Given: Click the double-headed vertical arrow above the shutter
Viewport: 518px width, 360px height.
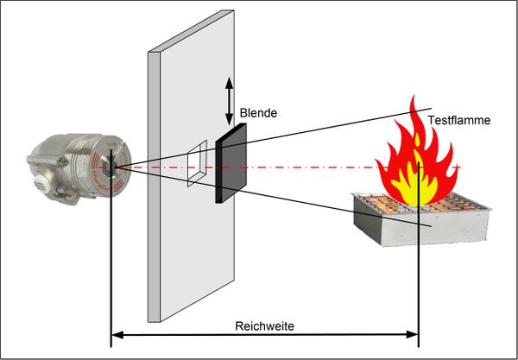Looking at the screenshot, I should coord(230,100).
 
